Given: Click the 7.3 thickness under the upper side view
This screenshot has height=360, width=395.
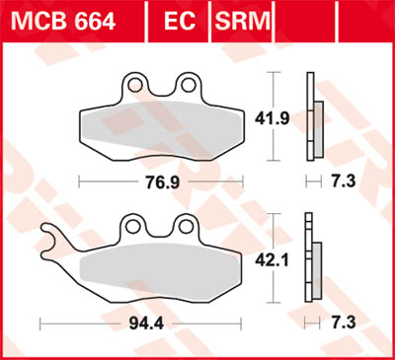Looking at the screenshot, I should tap(346, 182).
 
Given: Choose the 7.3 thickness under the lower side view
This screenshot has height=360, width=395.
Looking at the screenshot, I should tap(346, 322).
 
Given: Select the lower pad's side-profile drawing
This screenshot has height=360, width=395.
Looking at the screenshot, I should tap(314, 261).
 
